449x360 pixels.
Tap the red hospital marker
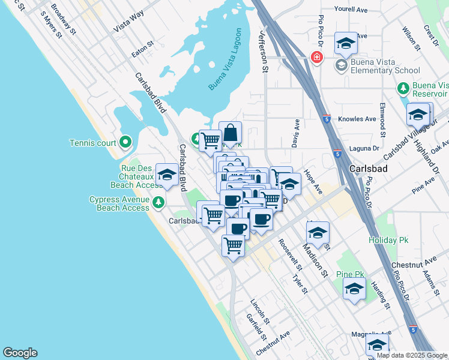click(x=316, y=58)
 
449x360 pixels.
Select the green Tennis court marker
click(x=125, y=142)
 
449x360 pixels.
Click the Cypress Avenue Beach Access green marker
click(x=158, y=202)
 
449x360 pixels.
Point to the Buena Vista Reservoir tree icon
click(x=403, y=88)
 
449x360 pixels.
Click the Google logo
click(x=20, y=353)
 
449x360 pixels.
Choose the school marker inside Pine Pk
click(x=354, y=289)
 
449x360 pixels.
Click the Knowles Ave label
click(x=357, y=119)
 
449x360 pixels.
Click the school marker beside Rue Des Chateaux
click(x=167, y=175)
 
